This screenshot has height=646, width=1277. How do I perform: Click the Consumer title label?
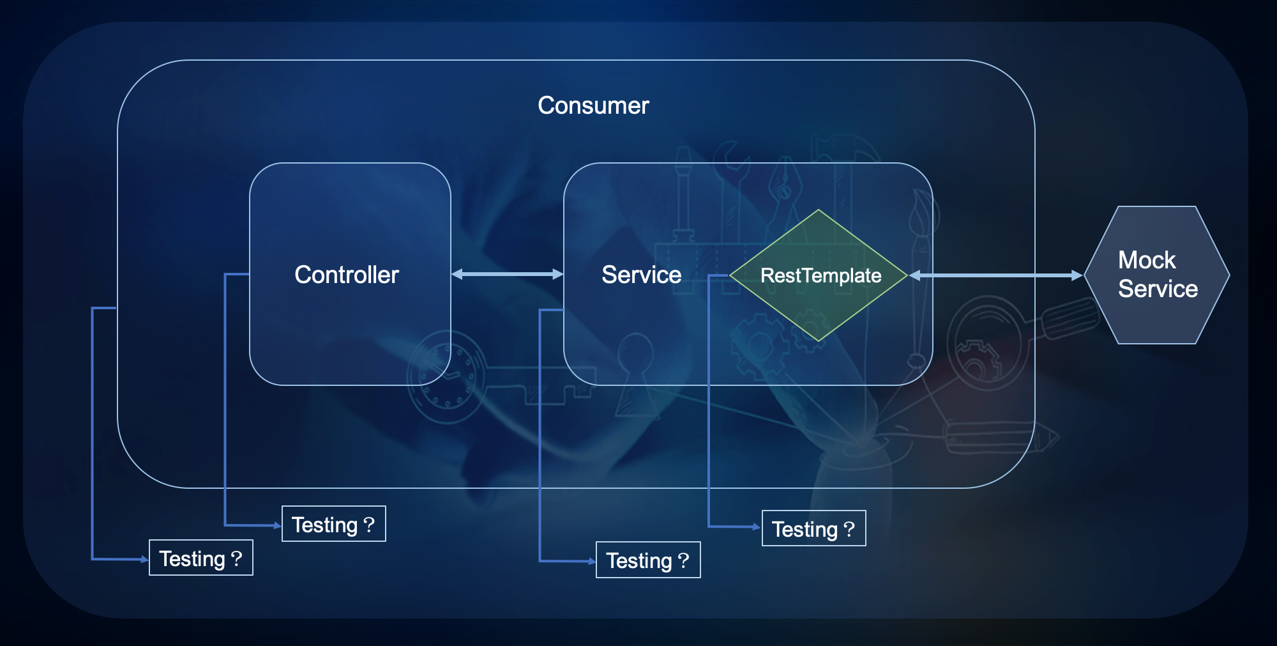coord(593,105)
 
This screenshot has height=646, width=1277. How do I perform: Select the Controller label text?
coord(347,275)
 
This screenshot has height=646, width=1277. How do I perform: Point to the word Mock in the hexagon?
coord(1147,260)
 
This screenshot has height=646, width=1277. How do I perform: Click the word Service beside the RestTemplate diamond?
coord(641,275)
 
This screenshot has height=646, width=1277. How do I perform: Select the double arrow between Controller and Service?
coord(507,274)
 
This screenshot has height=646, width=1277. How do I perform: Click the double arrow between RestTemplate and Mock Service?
coord(996,275)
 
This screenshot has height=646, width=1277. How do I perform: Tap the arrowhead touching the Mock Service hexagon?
coord(1078,275)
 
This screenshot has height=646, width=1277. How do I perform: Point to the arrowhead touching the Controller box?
coord(457,274)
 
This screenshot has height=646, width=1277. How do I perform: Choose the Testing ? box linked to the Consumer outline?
coord(201,558)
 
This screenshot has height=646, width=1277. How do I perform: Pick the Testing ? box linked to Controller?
coord(334,524)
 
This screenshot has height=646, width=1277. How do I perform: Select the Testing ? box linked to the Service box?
coord(648,560)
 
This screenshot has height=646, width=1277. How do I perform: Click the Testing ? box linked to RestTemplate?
coord(814,528)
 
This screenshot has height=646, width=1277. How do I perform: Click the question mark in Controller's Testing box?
coord(369,524)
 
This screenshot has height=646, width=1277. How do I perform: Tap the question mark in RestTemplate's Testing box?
coord(849,528)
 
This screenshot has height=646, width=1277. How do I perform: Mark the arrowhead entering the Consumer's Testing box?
coord(145,559)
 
